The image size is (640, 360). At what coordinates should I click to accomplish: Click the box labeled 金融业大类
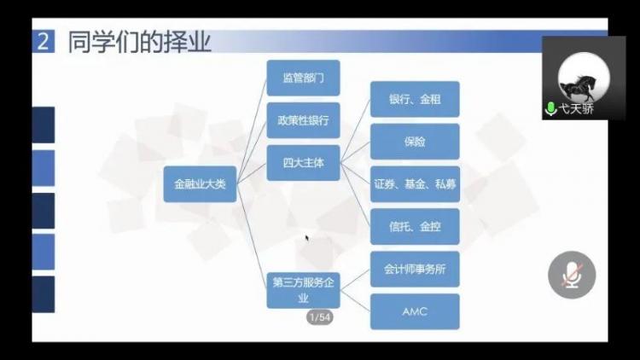[200, 184]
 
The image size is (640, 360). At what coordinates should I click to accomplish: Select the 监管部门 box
[303, 78]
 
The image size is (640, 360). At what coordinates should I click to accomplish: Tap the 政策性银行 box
[303, 120]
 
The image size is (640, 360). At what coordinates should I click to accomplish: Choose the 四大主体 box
[303, 163]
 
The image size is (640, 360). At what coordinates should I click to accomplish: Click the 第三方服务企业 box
[303, 290]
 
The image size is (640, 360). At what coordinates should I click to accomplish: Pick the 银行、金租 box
[415, 99]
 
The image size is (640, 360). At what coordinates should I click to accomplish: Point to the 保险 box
[415, 142]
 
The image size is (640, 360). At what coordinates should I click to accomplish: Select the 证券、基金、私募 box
[415, 184]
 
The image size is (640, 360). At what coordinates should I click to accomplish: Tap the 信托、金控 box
[415, 227]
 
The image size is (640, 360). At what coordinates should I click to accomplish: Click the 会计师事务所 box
[415, 269]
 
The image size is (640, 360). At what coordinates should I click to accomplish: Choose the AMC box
[415, 311]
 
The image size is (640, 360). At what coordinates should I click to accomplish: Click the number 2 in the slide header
[44, 41]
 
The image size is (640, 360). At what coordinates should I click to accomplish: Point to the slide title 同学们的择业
[140, 42]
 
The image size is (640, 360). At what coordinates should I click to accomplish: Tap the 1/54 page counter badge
[320, 317]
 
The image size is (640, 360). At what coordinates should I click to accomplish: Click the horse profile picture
[584, 78]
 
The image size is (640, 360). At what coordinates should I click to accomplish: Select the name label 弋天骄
[576, 109]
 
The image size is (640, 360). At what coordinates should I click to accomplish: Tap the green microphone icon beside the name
[550, 109]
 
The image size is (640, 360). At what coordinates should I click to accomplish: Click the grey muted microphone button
[572, 275]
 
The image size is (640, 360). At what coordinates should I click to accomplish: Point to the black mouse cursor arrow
[307, 238]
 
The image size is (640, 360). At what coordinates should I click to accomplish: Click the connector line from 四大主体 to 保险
[355, 152]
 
